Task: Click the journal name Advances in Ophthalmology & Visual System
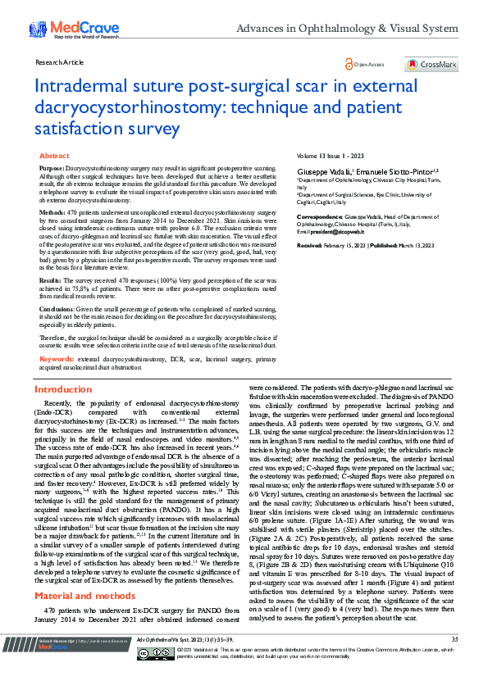[347, 29]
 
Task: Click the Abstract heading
[54, 155]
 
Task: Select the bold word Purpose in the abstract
[52, 166]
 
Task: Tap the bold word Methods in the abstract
[53, 211]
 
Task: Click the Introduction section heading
[63, 390]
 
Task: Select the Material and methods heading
[84, 572]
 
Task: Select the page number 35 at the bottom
[454, 661]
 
